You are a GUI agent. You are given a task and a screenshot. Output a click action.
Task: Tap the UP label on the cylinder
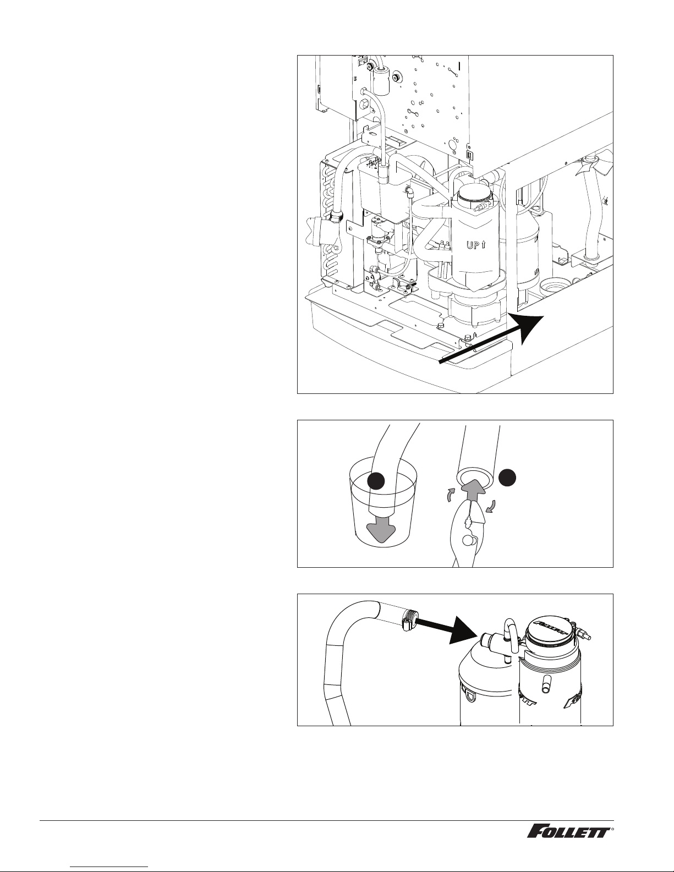[x=476, y=245]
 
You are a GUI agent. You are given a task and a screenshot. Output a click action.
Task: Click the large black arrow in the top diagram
[x=492, y=339]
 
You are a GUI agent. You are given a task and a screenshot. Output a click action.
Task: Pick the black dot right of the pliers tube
[x=507, y=478]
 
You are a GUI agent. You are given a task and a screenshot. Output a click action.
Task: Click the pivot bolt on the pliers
[x=467, y=540]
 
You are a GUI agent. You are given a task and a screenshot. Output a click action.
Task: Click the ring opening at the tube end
[x=474, y=478]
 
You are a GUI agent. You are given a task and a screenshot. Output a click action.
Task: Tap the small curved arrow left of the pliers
[x=452, y=495]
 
